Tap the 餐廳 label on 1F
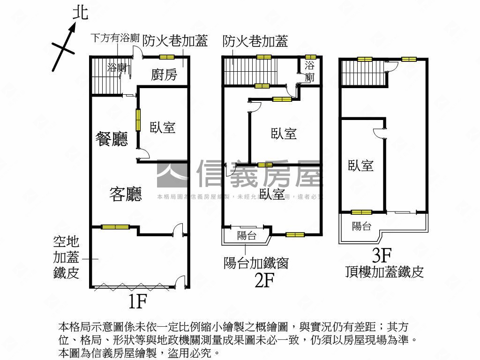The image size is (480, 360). (x=112, y=139)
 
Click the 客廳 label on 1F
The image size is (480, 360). (x=126, y=194)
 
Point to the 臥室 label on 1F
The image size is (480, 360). (x=163, y=127)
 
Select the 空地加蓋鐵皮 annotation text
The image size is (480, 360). (x=66, y=258)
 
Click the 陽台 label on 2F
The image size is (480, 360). (x=247, y=236)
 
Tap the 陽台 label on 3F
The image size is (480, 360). (x=361, y=226)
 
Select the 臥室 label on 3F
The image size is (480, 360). (x=360, y=165)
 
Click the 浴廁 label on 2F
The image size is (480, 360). (x=310, y=71)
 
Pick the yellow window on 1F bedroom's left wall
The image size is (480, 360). (x=138, y=120)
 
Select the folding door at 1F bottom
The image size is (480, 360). (x=131, y=286)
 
